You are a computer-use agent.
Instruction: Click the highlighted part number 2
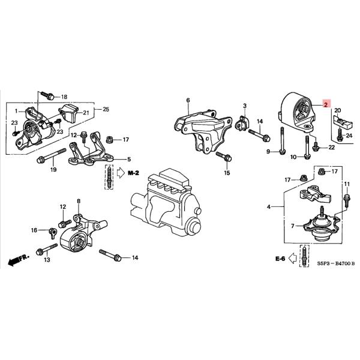coord(326,104)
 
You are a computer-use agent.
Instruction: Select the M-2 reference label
coord(133,173)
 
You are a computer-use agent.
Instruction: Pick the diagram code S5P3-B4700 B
coord(329,263)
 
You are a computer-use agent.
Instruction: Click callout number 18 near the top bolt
coord(65,97)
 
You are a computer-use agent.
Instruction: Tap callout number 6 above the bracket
coord(188,100)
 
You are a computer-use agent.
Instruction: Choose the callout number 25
coord(106,109)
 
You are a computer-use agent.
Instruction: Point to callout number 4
coord(269,207)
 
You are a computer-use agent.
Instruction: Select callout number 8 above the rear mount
coord(78,201)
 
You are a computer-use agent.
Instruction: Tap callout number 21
coord(86,113)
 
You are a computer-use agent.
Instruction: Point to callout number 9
coord(269,151)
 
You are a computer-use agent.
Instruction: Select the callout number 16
coord(34,230)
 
